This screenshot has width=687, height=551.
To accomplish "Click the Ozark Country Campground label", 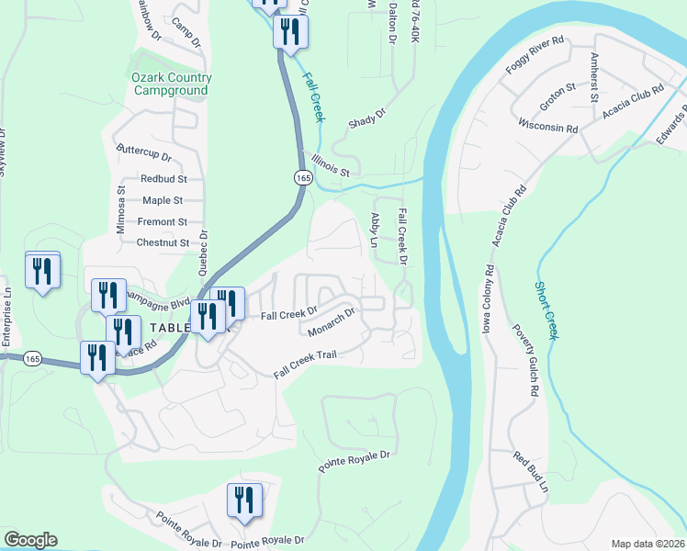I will pyautogui.click(x=171, y=84).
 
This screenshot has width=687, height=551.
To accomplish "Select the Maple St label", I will pyautogui.click(x=163, y=200).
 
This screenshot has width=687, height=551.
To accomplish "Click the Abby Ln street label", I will pyautogui.click(x=374, y=230).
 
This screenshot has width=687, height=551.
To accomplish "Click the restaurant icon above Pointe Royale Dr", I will pyautogui.click(x=243, y=501).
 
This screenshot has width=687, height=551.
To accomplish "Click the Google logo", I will pyautogui.click(x=30, y=540).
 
